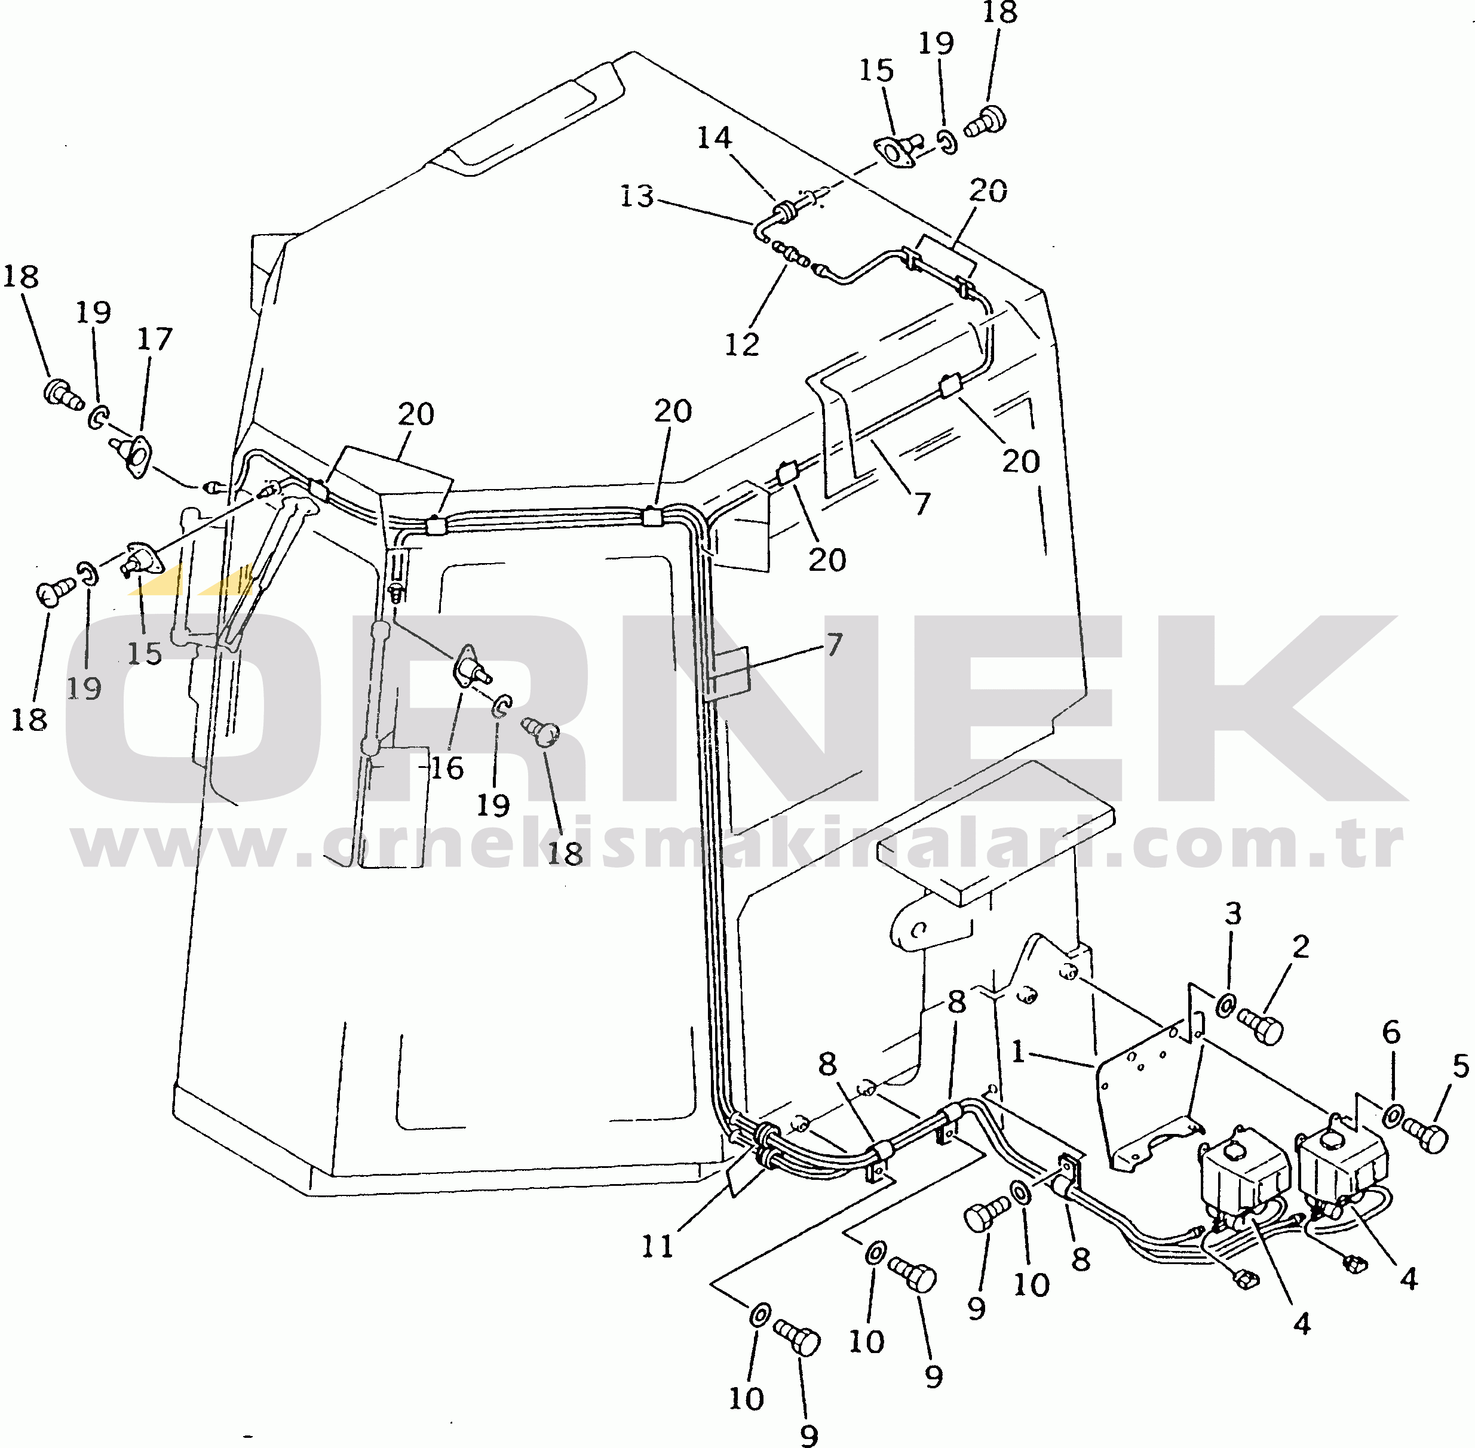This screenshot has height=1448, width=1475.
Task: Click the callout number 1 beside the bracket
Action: pos(1019,1053)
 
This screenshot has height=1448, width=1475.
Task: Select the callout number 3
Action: pos(1233,914)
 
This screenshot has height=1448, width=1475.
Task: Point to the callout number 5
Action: pos(1461,1066)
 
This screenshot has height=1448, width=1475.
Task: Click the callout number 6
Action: pos(1391,1032)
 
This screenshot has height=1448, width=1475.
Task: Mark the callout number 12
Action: pos(742,345)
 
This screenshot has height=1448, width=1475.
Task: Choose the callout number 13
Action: pos(637,196)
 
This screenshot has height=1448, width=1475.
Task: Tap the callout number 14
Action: pos(714,138)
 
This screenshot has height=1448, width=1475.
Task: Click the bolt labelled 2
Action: pos(1261,1026)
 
